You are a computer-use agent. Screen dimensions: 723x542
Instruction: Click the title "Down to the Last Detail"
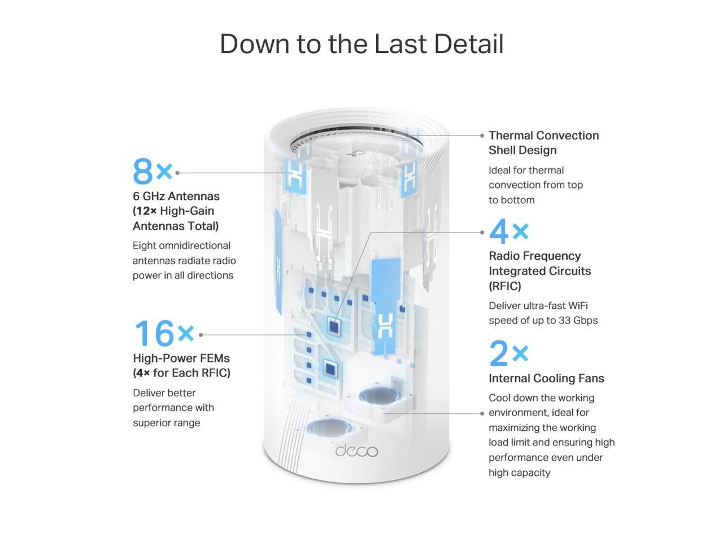(x=361, y=44)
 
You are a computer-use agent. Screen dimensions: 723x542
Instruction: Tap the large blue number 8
(x=143, y=172)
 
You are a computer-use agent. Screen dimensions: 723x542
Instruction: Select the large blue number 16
(x=154, y=333)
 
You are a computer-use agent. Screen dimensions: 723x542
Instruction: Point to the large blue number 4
(x=499, y=231)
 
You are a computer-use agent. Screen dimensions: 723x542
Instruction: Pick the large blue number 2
(x=499, y=353)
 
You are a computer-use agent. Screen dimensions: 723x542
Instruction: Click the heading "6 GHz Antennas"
(x=176, y=196)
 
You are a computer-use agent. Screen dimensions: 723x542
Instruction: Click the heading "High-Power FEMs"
(x=181, y=358)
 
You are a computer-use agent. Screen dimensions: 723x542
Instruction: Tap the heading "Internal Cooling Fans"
(x=546, y=378)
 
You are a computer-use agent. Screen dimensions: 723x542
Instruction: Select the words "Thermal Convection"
(x=543, y=135)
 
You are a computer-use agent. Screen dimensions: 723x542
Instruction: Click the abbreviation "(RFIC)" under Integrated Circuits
(x=505, y=286)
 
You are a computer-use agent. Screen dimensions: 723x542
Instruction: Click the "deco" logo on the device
(x=356, y=451)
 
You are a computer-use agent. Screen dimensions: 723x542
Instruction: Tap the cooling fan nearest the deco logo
(x=329, y=427)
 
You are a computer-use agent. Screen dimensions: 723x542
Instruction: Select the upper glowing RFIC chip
(x=334, y=326)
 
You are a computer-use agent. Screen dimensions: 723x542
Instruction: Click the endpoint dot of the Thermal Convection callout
(x=482, y=135)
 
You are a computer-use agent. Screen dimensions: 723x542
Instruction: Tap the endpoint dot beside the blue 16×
(x=201, y=335)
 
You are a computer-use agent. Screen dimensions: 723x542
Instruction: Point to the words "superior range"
(x=167, y=422)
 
